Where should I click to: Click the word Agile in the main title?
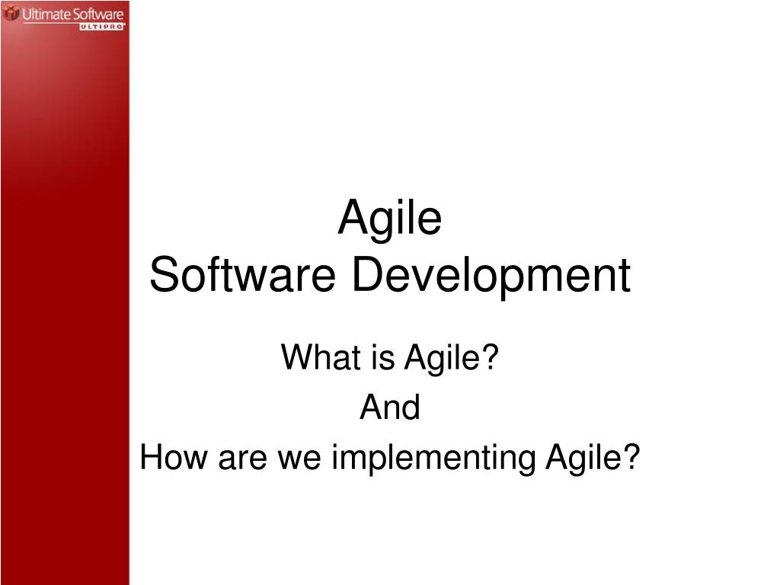(389, 218)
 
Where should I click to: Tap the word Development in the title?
(491, 277)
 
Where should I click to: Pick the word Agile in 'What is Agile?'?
(443, 359)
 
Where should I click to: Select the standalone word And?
(389, 408)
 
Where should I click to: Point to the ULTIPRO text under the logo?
(101, 27)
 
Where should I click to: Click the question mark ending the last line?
(631, 459)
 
